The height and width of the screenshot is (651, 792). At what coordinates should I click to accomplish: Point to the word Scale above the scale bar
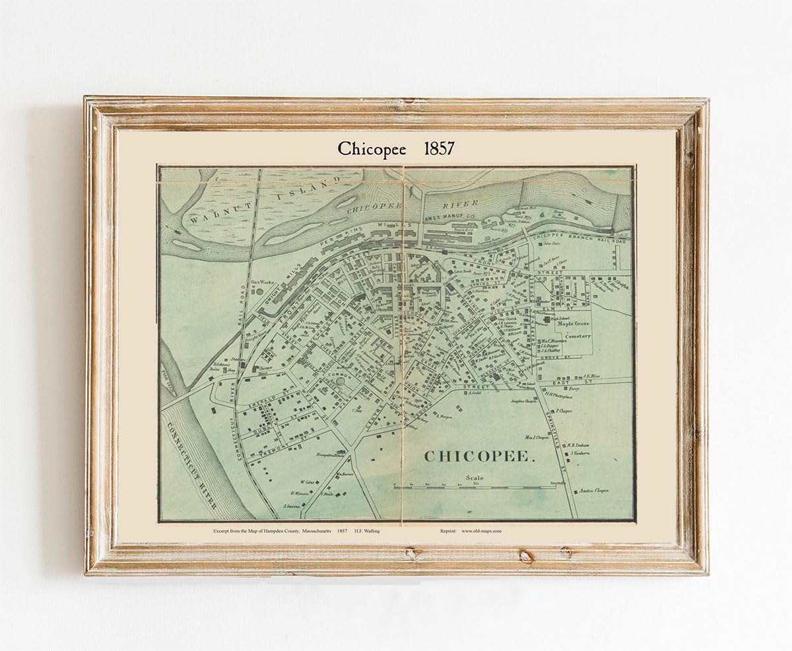[x=475, y=478]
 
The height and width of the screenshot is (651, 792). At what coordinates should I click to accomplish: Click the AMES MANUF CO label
[x=451, y=216]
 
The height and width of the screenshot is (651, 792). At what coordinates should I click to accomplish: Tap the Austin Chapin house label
[x=593, y=490]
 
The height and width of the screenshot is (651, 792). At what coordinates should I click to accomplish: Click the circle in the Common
[x=341, y=381]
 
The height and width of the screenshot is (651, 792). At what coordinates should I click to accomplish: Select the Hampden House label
[x=314, y=456]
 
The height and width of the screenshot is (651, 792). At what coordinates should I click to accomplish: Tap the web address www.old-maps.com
[x=481, y=530]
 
